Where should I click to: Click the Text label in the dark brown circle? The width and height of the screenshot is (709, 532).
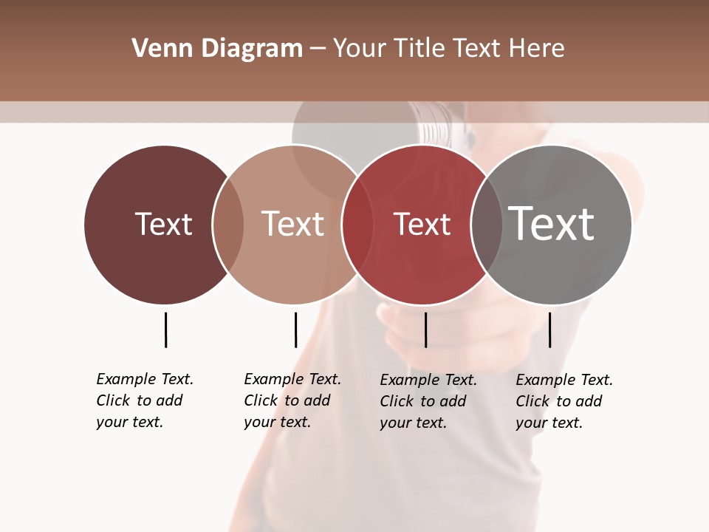[163, 224]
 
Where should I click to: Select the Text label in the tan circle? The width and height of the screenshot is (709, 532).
[292, 224]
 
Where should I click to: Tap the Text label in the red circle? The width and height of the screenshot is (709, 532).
[422, 224]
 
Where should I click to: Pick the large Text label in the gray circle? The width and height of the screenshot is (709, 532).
[552, 224]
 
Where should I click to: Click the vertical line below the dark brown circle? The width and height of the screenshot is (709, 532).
[165, 330]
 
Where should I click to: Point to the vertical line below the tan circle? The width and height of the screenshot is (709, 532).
[295, 330]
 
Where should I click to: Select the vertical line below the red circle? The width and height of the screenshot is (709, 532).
[425, 330]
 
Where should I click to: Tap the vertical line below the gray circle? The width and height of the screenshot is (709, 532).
[549, 330]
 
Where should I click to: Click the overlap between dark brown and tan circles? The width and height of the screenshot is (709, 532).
[228, 224]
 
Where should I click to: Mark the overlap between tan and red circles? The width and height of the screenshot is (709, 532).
[357, 224]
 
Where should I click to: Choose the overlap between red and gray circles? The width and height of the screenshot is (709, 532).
[486, 224]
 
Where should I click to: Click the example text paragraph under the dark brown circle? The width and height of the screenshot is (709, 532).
[144, 400]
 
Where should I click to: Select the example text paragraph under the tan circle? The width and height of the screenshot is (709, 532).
[292, 400]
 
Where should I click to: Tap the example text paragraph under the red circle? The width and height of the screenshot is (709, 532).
[428, 401]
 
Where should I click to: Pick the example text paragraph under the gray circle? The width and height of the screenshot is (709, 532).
[564, 401]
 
